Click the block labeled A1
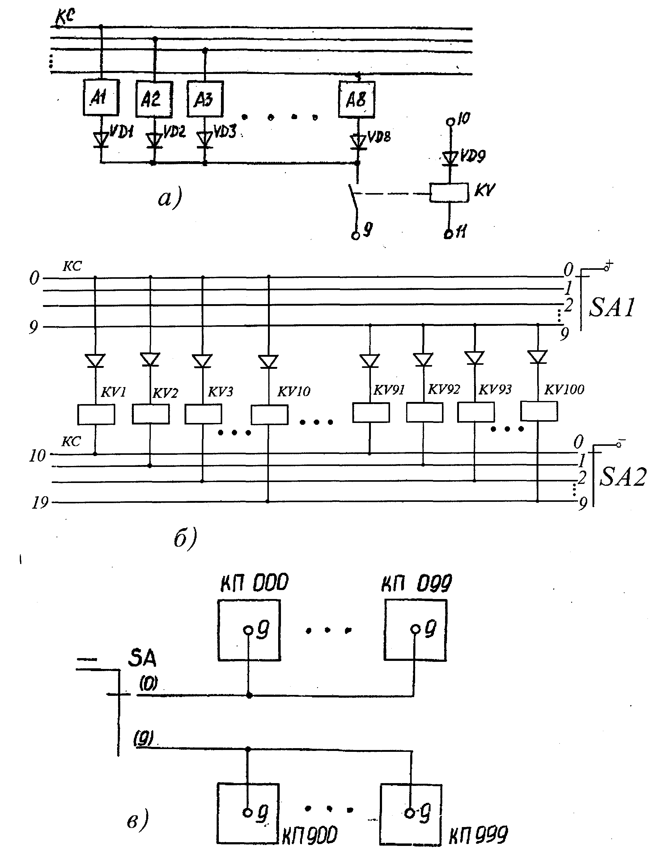(x=100, y=97)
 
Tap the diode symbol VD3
(x=205, y=139)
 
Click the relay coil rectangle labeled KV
(x=449, y=192)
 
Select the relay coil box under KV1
(x=96, y=414)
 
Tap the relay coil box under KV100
(x=539, y=411)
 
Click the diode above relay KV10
(x=268, y=361)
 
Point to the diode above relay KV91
(x=369, y=360)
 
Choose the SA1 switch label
(x=612, y=308)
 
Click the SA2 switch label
(x=622, y=477)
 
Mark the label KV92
(x=444, y=389)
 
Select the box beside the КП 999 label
(x=410, y=814)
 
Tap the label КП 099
(x=417, y=583)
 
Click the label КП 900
(x=309, y=836)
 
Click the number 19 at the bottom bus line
(x=40, y=503)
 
